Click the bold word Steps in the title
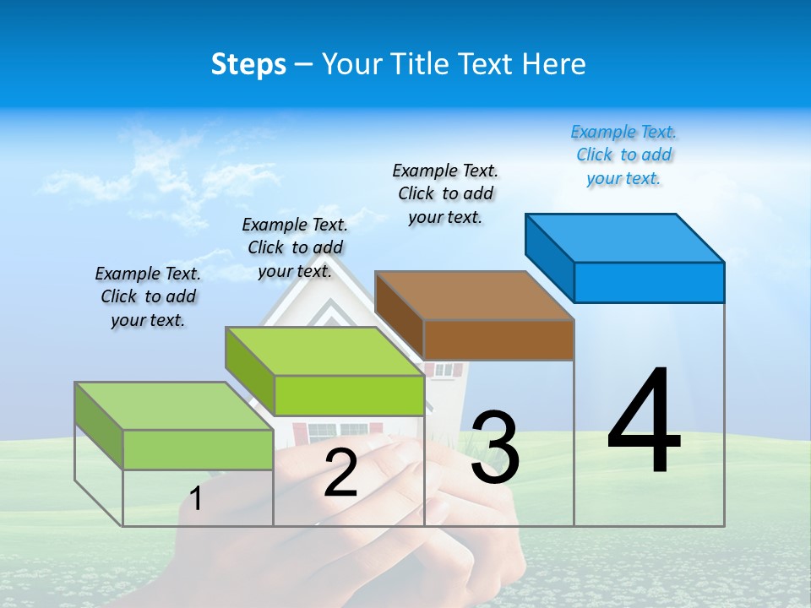(x=248, y=64)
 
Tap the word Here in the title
(x=554, y=64)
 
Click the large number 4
(x=644, y=422)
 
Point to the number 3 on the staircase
(x=495, y=448)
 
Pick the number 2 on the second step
(x=340, y=474)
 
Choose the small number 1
(x=196, y=499)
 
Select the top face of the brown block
(x=474, y=296)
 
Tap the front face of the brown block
(x=498, y=339)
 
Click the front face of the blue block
(x=649, y=282)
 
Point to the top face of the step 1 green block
(x=174, y=406)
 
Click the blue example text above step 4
(x=623, y=155)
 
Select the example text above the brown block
(x=445, y=193)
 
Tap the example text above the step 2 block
(x=295, y=247)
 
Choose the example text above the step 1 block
(x=148, y=296)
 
